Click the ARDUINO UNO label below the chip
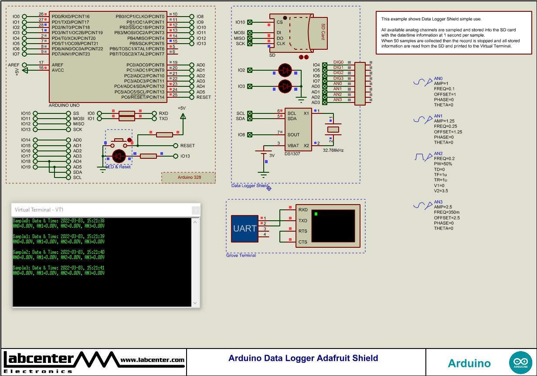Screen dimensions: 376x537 64,106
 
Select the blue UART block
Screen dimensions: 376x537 245,229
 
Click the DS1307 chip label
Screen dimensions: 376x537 292,154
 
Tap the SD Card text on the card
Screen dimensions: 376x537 323,32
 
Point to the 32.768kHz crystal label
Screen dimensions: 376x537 333,150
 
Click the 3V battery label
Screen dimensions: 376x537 272,155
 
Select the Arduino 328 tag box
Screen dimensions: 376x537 189,178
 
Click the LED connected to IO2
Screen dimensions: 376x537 285,70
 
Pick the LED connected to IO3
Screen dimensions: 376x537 285,86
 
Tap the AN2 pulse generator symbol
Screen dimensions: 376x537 420,157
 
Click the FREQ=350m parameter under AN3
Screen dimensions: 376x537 446,212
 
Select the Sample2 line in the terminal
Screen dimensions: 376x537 58,252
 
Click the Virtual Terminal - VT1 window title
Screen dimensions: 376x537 39,210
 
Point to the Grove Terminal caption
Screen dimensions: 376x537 241,256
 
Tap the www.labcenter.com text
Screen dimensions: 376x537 152,360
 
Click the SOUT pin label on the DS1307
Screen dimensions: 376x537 293,135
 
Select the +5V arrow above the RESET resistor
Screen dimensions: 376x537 183,116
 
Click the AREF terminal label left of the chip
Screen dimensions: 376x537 14,65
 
